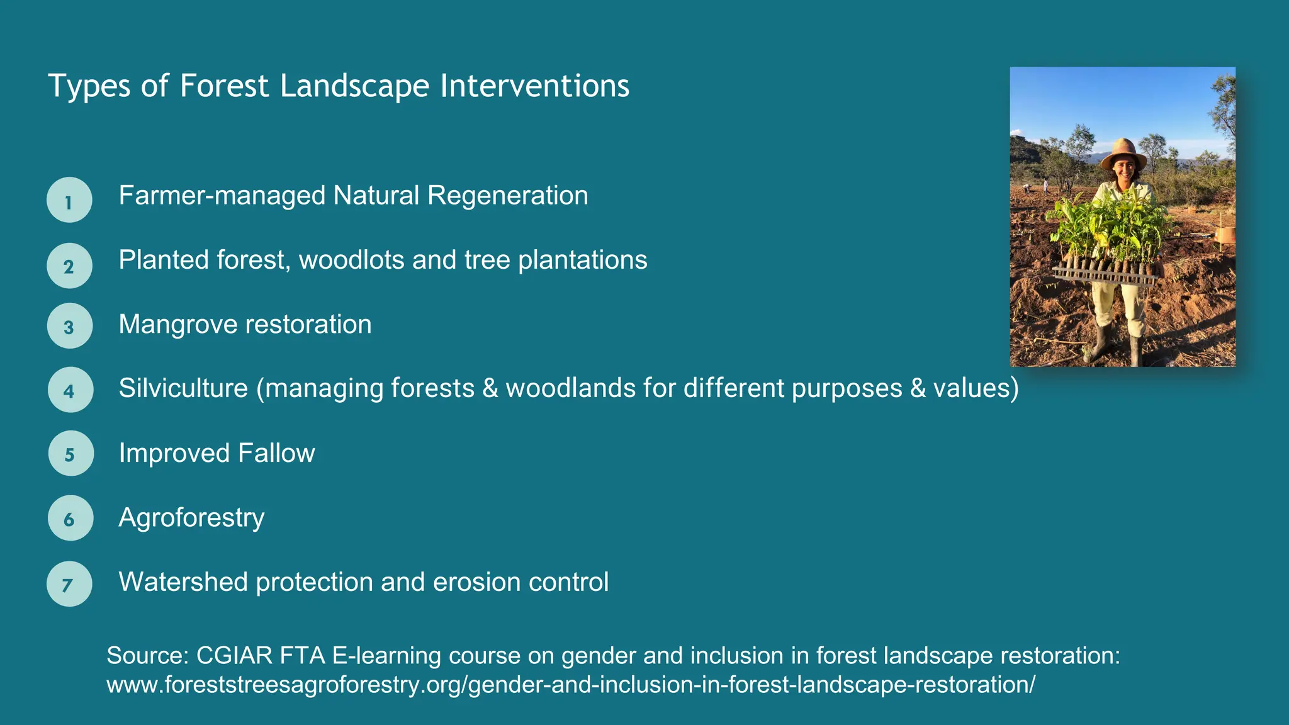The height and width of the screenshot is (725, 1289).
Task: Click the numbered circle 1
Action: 69,200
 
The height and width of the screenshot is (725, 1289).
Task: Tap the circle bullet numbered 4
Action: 70,390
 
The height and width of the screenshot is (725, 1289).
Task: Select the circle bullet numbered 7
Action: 69,584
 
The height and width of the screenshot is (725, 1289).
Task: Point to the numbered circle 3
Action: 69,326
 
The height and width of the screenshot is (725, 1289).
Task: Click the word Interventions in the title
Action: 534,86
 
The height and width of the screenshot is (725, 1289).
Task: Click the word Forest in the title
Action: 224,86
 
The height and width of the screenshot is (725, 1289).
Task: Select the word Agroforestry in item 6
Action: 191,518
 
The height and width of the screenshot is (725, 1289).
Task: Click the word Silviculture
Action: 183,388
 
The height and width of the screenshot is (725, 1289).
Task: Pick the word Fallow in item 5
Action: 276,453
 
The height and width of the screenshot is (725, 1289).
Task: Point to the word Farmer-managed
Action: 222,196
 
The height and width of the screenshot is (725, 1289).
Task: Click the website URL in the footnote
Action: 570,685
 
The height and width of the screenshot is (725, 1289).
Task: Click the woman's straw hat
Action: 1123,153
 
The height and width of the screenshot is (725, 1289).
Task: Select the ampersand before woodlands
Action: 490,388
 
